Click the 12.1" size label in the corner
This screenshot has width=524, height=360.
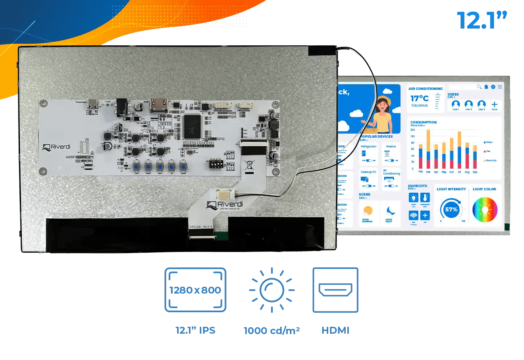481,20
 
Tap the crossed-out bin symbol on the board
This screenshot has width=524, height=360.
248,165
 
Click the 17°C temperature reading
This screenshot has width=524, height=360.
419,98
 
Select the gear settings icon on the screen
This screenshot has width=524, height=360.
493,87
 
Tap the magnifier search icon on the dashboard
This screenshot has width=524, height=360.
479,87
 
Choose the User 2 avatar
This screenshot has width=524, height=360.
468,104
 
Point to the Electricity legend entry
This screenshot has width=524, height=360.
490,161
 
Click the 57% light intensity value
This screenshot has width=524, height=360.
451,209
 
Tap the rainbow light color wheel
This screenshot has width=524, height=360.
485,210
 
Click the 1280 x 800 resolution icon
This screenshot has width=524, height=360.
195,290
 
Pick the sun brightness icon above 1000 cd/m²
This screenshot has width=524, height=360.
272,290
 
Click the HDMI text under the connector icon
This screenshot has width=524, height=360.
335,330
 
